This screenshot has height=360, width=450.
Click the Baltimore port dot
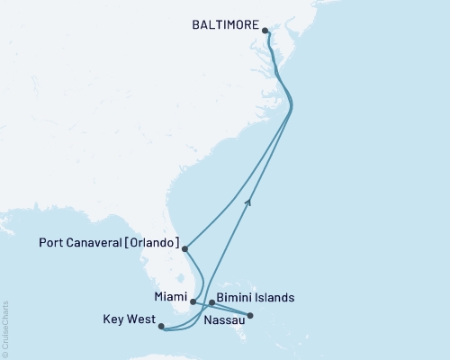pos(266,31)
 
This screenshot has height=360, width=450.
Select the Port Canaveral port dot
pos(184,248)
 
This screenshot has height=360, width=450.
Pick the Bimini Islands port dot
pos(211,302)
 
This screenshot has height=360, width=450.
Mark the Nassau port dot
pos(250,316)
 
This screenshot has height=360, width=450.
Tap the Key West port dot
pos(162,328)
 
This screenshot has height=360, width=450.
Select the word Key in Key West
pos(115,319)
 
